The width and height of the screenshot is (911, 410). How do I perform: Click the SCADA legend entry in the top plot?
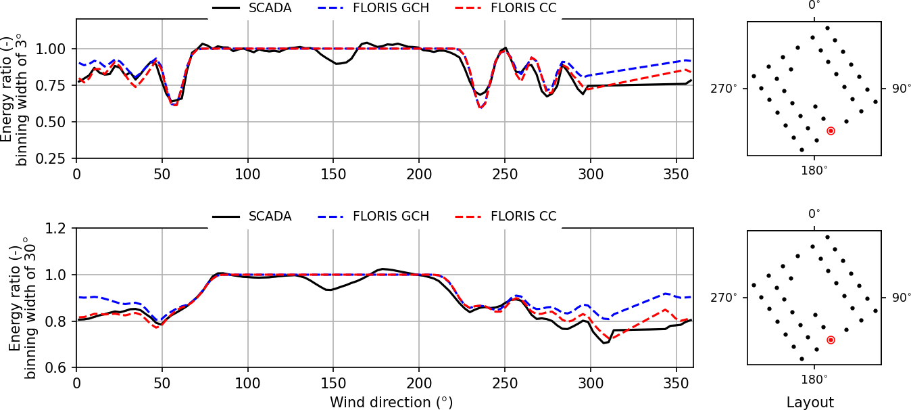click(x=270, y=8)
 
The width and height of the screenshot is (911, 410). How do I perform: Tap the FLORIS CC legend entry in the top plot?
click(x=523, y=8)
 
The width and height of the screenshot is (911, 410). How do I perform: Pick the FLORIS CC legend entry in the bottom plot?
click(x=523, y=217)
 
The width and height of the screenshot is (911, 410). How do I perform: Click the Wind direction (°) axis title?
click(x=391, y=403)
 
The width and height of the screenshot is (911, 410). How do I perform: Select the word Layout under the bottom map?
click(x=810, y=403)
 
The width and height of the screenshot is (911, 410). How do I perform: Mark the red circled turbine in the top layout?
click(x=831, y=131)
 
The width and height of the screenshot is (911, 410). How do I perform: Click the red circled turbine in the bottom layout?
click(x=831, y=340)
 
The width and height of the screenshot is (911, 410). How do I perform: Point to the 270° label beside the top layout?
click(x=722, y=89)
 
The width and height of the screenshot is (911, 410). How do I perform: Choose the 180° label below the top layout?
click(x=814, y=170)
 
